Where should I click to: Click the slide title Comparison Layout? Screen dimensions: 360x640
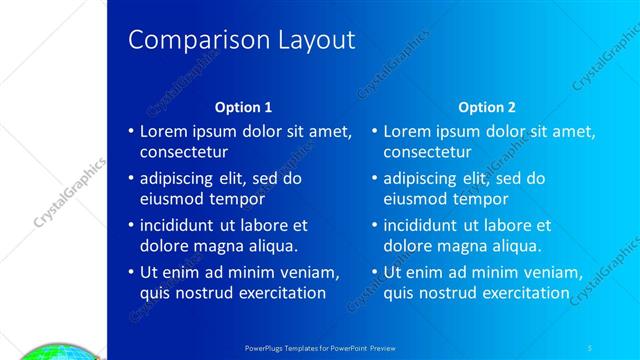(x=242, y=40)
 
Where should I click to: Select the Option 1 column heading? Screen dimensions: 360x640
(x=244, y=107)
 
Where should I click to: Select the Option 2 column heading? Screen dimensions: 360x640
(x=488, y=107)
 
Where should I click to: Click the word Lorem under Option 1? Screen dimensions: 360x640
(x=163, y=131)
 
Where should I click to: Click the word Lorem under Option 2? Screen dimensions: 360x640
(x=407, y=131)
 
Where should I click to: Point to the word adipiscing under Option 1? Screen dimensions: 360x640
(x=179, y=178)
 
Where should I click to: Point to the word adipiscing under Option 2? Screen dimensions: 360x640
(x=423, y=178)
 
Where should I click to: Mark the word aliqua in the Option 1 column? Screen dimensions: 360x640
(x=273, y=246)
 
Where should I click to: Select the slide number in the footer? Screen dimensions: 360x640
(x=592, y=347)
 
